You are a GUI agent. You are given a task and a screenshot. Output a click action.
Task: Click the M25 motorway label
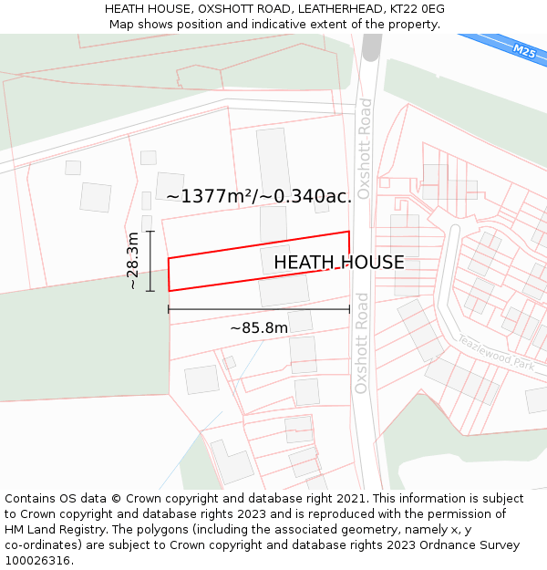tap(524, 52)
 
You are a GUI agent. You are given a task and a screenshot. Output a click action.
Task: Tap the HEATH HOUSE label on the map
tap(338, 263)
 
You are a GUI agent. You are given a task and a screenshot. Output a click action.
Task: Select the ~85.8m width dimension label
tap(259, 327)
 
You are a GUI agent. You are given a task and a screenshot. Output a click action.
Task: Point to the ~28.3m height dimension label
tap(133, 261)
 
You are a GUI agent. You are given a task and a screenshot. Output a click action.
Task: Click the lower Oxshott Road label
tap(361, 343)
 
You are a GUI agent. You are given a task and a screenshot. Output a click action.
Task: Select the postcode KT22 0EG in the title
tap(415, 9)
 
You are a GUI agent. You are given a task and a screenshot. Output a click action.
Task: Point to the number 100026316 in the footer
tap(36, 561)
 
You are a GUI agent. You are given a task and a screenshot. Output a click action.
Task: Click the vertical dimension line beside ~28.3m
tap(150, 261)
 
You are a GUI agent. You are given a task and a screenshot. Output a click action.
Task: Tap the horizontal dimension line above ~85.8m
tap(259, 310)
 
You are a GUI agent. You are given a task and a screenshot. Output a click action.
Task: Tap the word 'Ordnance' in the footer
tap(431, 545)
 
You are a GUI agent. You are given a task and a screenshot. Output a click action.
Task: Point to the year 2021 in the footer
tap(351, 499)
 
